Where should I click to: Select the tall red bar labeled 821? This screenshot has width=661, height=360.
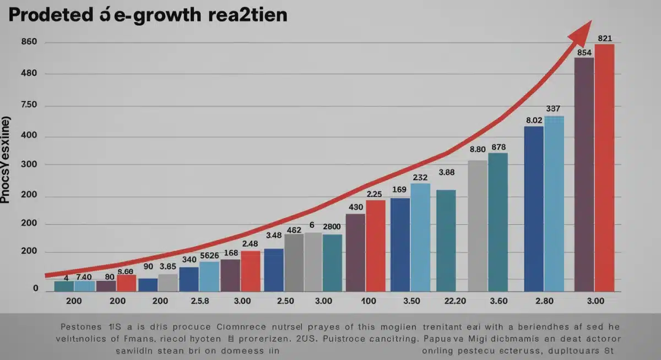(604, 165)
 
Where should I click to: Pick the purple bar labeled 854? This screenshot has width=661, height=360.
(584, 173)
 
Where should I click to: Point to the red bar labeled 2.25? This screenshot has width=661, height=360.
(376, 245)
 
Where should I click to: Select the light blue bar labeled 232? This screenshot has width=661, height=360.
(420, 237)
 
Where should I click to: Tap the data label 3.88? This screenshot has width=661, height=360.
(446, 172)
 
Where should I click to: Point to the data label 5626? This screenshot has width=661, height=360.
(209, 255)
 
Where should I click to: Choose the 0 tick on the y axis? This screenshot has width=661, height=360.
(35, 287)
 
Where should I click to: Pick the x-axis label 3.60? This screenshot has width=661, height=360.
(497, 301)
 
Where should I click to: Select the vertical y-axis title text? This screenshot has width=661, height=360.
(6, 160)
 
